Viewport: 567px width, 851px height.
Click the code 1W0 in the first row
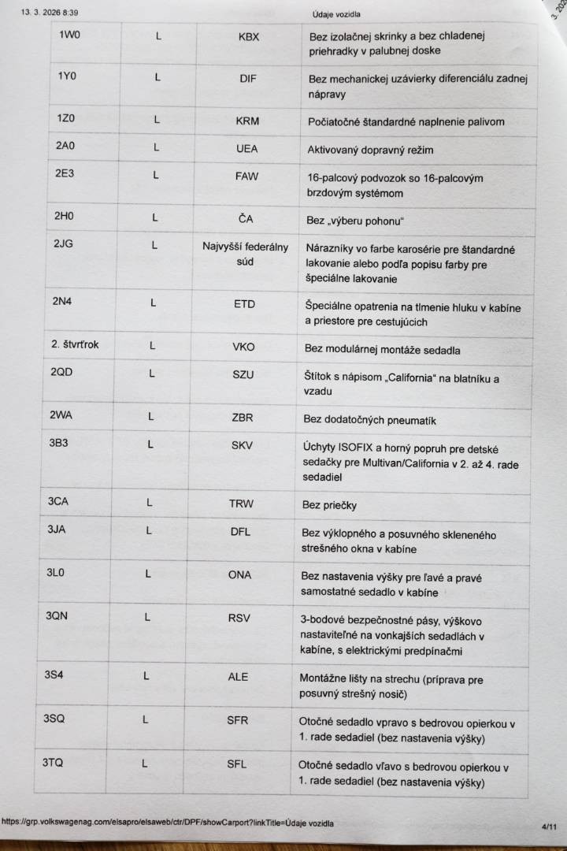[x=69, y=35]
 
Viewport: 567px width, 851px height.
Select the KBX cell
[x=249, y=37]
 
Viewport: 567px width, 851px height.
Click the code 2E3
[x=64, y=174]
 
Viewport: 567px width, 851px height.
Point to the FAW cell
[x=246, y=176]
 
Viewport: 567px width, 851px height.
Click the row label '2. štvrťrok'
[x=76, y=344]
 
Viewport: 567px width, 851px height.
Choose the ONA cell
[x=240, y=574]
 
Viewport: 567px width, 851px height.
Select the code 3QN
[x=57, y=615]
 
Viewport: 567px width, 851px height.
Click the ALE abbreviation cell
[x=238, y=676]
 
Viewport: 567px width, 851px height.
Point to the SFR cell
[x=237, y=719]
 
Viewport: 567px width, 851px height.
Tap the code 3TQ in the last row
[x=52, y=762]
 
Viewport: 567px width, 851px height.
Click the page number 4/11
[x=549, y=827]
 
